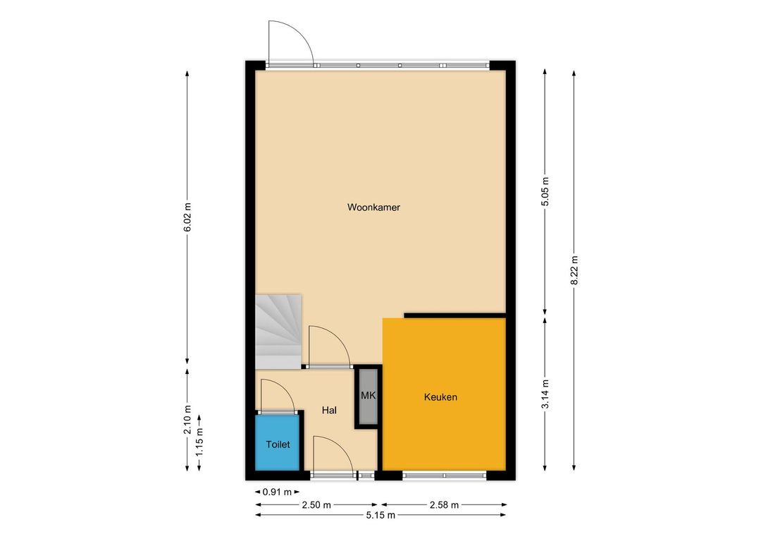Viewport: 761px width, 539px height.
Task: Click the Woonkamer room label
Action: [x=373, y=207]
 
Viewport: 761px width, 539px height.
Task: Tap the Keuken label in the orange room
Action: [x=440, y=397]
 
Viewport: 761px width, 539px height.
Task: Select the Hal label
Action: [x=329, y=410]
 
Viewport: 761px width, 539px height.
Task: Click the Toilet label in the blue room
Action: [x=278, y=444]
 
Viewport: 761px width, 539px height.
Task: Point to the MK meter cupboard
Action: [x=369, y=396]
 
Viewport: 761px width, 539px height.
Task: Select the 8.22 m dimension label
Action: [x=574, y=271]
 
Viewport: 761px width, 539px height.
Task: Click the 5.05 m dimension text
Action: [x=545, y=190]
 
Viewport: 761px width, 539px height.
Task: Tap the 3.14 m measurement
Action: [x=545, y=394]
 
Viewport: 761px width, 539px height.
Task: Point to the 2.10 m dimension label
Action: [x=188, y=420]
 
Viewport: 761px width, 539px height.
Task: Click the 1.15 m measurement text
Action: [x=199, y=442]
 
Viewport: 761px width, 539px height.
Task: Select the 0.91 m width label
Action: [x=277, y=492]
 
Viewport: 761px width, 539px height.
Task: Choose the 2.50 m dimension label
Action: [x=316, y=505]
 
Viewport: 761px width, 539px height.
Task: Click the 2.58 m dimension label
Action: [x=444, y=505]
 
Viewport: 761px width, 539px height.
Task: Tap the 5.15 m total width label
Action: [x=380, y=515]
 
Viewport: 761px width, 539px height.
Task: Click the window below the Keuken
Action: [x=444, y=476]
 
